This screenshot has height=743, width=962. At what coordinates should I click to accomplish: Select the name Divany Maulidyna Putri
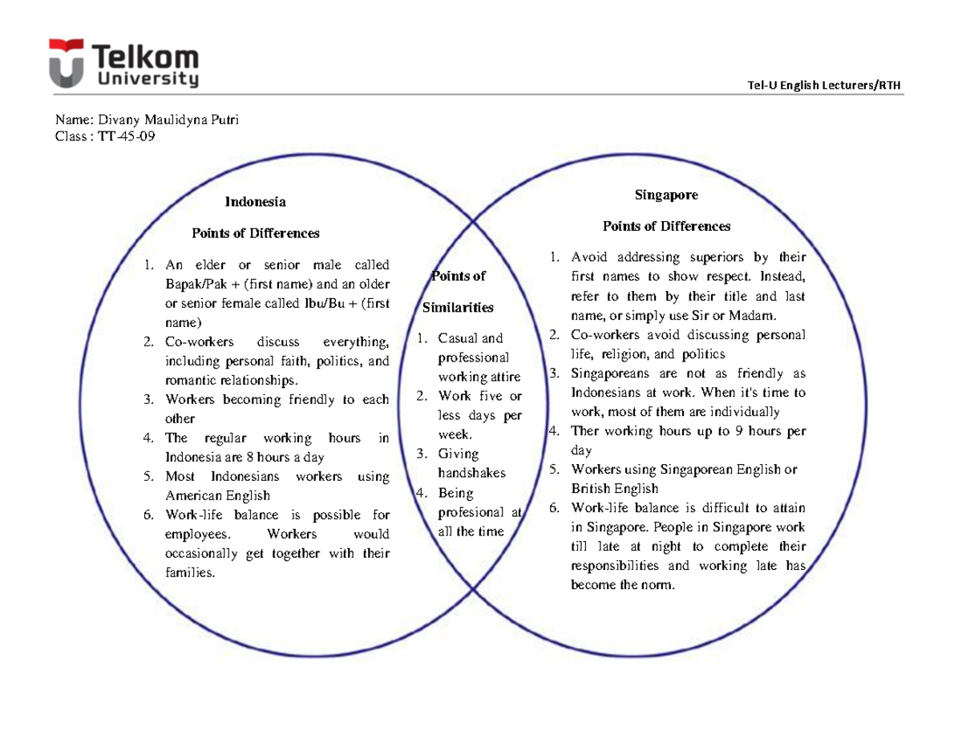168,120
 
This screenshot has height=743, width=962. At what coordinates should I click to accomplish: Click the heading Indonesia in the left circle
255,201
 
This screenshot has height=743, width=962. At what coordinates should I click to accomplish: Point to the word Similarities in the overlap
458,308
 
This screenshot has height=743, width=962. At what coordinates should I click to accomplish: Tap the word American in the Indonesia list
196,495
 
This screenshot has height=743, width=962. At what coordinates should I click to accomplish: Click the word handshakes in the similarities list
472,473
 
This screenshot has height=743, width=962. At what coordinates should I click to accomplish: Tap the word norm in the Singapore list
662,585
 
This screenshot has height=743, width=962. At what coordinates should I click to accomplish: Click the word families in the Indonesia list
191,572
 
